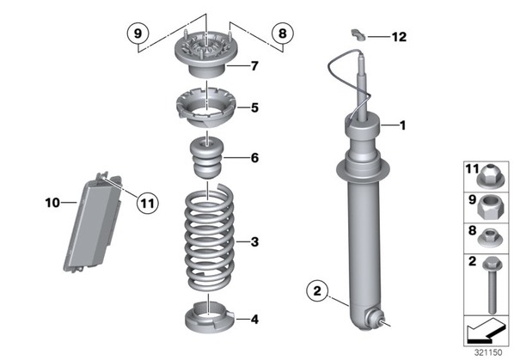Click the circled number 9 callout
click(138, 34)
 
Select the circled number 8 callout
click(283, 34)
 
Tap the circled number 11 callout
click(147, 203)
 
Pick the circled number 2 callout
click(317, 291)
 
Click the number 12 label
click(400, 37)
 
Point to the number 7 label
click(254, 66)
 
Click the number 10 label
click(52, 203)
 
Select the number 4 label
click(254, 319)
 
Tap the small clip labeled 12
click(358, 34)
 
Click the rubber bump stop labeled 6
click(207, 158)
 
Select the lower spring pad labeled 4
click(210, 317)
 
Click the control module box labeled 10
click(93, 222)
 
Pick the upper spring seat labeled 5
click(206, 107)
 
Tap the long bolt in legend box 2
click(492, 284)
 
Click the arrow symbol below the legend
click(486, 331)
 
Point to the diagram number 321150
click(488, 352)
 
